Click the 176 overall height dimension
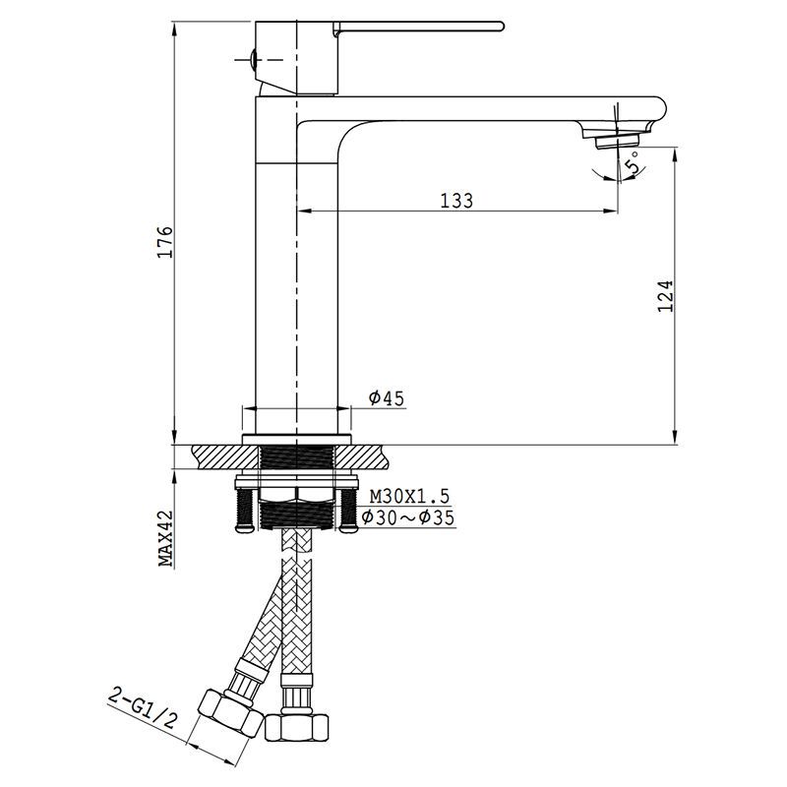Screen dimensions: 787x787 pyautogui.click(x=165, y=242)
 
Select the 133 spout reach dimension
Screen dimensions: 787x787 pyautogui.click(x=456, y=201)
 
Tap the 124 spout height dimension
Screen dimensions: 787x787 pyautogui.click(x=665, y=296)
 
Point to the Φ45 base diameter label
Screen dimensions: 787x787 pyautogui.click(x=386, y=398)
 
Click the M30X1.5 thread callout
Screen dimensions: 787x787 pyautogui.click(x=409, y=497)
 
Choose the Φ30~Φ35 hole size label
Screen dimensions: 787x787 pyautogui.click(x=407, y=517)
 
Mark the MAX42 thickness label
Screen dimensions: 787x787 pyautogui.click(x=165, y=538)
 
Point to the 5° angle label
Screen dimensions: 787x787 pyautogui.click(x=634, y=162)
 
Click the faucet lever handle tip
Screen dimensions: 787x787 pyautogui.click(x=500, y=27)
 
